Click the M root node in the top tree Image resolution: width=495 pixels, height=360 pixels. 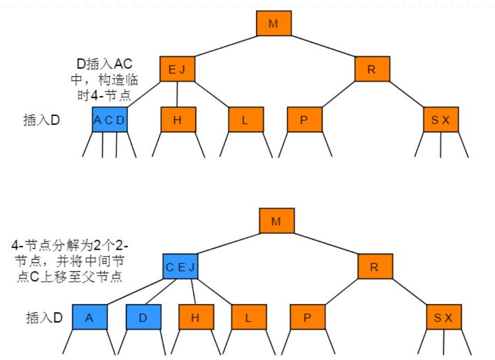pyautogui.click(x=274, y=23)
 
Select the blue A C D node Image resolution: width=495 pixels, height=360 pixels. pyautogui.click(x=110, y=119)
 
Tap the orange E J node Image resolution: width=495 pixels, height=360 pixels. pyautogui.click(x=177, y=69)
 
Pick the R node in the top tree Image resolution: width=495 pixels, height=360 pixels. pyautogui.click(x=372, y=69)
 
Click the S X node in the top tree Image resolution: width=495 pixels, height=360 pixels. pyautogui.click(x=441, y=119)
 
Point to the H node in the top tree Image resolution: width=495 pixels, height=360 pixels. pyautogui.click(x=178, y=119)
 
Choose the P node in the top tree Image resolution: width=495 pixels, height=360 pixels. pyautogui.click(x=304, y=119)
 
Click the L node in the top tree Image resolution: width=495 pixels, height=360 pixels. pyautogui.click(x=246, y=119)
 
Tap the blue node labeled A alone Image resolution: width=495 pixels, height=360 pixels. pyautogui.click(x=90, y=317)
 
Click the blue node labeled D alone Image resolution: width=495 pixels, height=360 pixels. pyautogui.click(x=143, y=317)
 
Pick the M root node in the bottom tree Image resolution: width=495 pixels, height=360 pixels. pyautogui.click(x=276, y=221)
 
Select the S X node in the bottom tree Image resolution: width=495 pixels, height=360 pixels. pyautogui.click(x=444, y=317)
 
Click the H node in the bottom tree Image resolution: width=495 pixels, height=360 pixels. pyautogui.click(x=196, y=317)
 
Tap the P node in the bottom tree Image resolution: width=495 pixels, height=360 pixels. pyautogui.click(x=307, y=317)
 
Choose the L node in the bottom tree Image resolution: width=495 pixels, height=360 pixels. pyautogui.click(x=249, y=317)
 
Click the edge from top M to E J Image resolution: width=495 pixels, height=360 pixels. pyautogui.click(x=225, y=46)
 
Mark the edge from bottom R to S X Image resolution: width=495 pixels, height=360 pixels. pyautogui.click(x=410, y=292)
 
